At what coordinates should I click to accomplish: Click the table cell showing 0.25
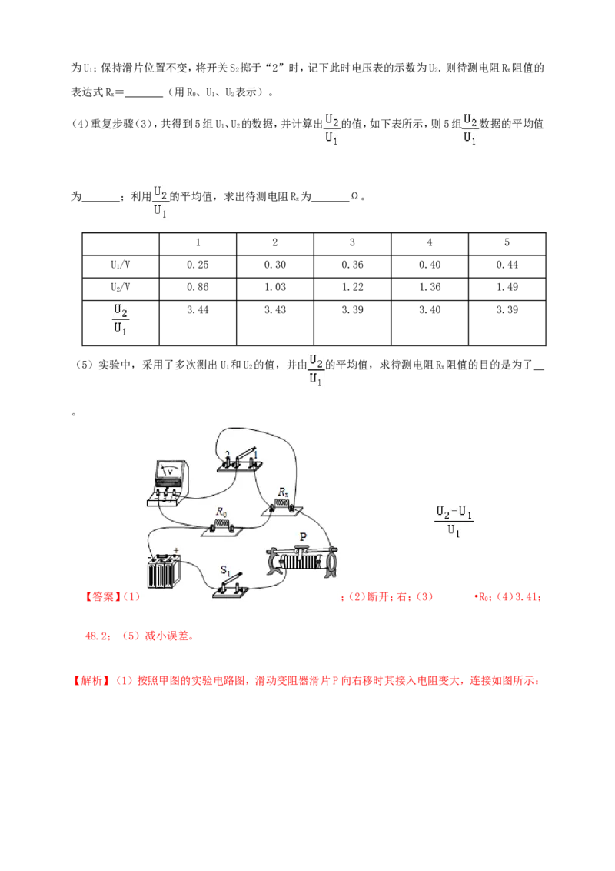pyautogui.click(x=198, y=265)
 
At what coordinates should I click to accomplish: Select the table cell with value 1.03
pyautogui.click(x=274, y=288)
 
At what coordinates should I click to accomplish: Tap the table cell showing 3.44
pyautogui.click(x=198, y=322)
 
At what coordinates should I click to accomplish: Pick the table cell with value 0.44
pyautogui.click(x=507, y=265)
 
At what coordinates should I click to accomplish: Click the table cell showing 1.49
pyautogui.click(x=507, y=288)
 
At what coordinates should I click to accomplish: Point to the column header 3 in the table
pyautogui.click(x=352, y=243)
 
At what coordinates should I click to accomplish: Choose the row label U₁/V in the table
pyautogui.click(x=121, y=265)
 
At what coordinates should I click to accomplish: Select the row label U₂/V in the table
pyautogui.click(x=121, y=288)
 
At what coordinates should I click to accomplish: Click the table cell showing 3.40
pyautogui.click(x=430, y=322)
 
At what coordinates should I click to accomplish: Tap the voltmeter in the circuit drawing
pyautogui.click(x=168, y=482)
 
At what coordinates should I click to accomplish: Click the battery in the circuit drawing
pyautogui.click(x=165, y=570)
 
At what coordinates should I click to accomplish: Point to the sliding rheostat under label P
pyautogui.click(x=301, y=561)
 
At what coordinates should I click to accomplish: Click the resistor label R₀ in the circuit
pyautogui.click(x=221, y=511)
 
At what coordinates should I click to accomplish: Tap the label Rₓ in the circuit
pyautogui.click(x=283, y=492)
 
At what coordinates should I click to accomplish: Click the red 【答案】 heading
pyautogui.click(x=101, y=596)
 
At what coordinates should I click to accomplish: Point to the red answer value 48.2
pyautogui.click(x=97, y=636)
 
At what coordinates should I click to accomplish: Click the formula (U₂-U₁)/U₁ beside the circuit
pyautogui.click(x=454, y=521)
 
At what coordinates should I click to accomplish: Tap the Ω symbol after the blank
pyautogui.click(x=354, y=196)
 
